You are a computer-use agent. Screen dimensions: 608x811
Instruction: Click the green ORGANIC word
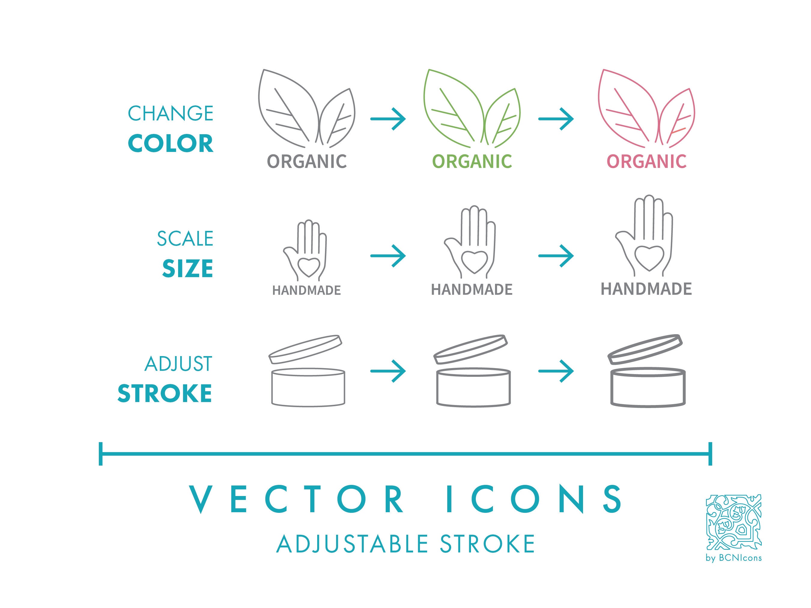(x=472, y=161)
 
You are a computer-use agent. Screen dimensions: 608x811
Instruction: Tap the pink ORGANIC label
(x=646, y=161)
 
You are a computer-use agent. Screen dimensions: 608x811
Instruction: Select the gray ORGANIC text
(x=307, y=161)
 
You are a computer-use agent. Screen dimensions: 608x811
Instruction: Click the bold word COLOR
(x=171, y=143)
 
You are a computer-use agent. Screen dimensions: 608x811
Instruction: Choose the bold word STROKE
(x=165, y=393)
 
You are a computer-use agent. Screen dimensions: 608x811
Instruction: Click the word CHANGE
(x=171, y=113)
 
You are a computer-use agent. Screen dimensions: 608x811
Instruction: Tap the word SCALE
(x=185, y=239)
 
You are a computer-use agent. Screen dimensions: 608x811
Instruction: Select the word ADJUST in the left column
(x=178, y=364)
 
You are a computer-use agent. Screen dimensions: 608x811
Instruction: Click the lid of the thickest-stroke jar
(x=645, y=349)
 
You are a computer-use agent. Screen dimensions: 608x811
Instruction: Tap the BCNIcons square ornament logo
(x=734, y=522)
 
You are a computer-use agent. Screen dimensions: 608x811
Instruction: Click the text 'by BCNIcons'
(x=734, y=558)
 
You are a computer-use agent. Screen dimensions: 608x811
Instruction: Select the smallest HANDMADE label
(x=306, y=290)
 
